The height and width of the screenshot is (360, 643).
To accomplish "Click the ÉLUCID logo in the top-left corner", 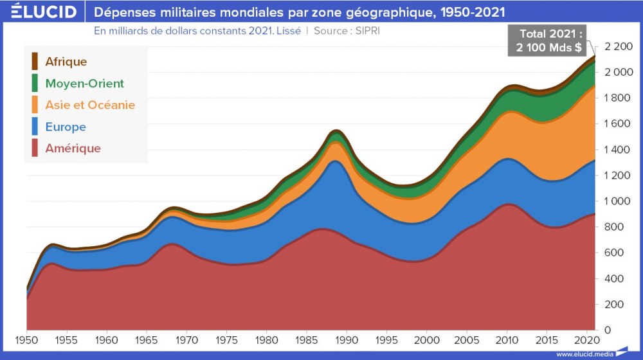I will [x=40, y=12].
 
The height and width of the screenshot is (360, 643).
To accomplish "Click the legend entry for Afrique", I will [x=66, y=62].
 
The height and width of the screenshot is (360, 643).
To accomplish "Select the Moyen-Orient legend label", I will [x=84, y=84].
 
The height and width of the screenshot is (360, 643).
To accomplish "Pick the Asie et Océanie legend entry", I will [x=90, y=105].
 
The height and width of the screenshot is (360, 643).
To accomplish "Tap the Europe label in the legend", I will [x=66, y=127].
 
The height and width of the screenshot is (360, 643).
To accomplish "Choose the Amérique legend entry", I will [x=73, y=148].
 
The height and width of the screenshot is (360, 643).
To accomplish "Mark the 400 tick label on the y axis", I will [x=614, y=278].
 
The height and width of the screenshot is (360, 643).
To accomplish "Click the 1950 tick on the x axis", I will [x=26, y=339].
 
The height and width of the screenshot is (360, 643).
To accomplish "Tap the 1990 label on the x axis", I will [x=347, y=339].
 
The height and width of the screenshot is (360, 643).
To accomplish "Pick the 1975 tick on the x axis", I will [x=227, y=339].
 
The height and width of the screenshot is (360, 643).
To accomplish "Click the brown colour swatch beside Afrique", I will [x=35, y=62].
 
